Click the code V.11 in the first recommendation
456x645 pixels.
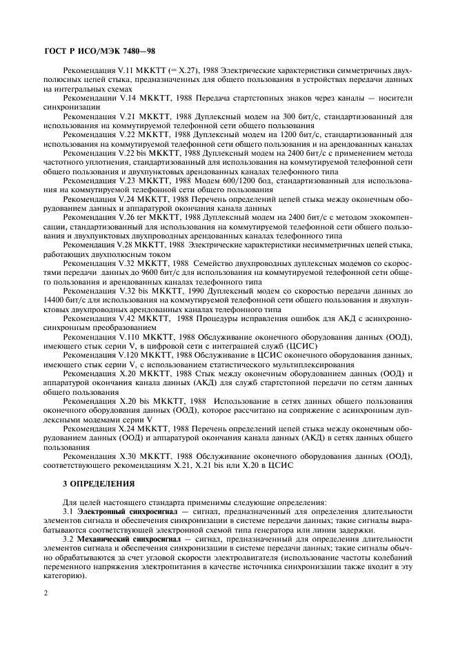128,71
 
